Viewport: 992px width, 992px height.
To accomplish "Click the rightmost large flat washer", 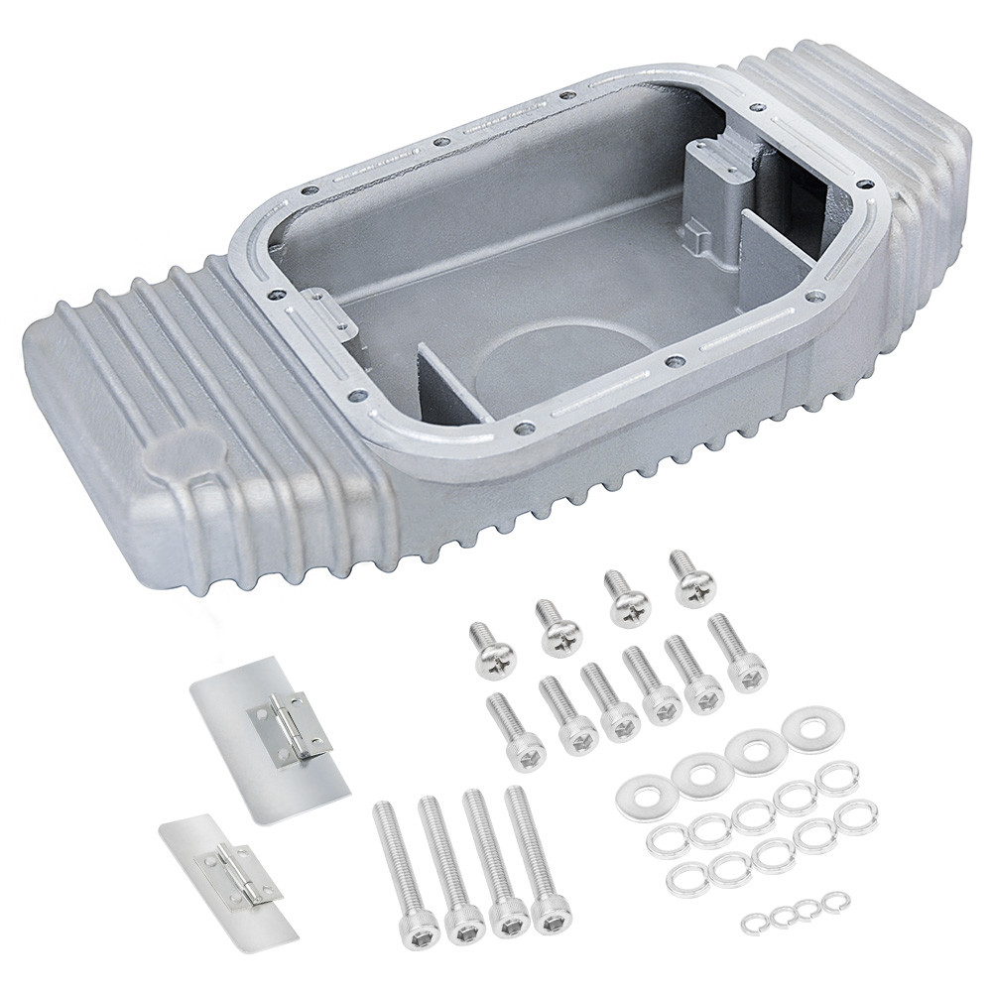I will click(x=811, y=728).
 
